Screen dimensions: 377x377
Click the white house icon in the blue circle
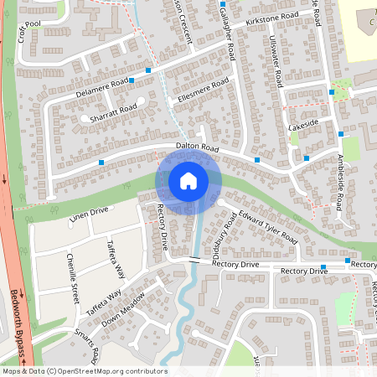(188, 180)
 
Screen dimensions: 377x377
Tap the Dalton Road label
(197, 147)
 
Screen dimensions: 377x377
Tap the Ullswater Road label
(277, 62)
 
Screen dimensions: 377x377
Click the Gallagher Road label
(225, 34)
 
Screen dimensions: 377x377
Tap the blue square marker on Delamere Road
(147, 70)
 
